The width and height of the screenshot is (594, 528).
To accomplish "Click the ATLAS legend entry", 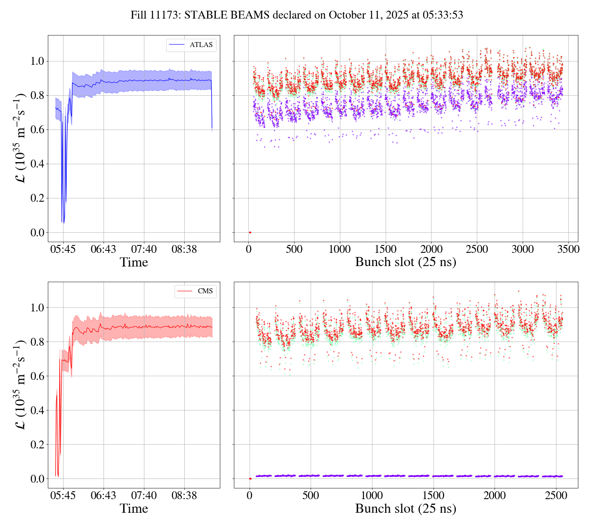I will click(x=201, y=45).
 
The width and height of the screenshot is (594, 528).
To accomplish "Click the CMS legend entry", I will click(x=205, y=291).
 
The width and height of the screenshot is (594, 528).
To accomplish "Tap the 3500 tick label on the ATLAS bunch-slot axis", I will click(x=568, y=250).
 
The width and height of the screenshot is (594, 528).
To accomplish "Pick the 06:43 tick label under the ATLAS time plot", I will click(x=104, y=250).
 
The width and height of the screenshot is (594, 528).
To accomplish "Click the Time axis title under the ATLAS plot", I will click(x=134, y=262).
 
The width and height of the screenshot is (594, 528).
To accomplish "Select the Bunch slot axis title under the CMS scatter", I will click(x=405, y=509).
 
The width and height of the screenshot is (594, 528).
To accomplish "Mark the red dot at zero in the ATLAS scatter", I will click(x=250, y=233).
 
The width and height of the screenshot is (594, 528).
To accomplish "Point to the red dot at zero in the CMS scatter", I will click(x=250, y=478).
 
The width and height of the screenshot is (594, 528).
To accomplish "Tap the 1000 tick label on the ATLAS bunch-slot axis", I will click(x=340, y=250).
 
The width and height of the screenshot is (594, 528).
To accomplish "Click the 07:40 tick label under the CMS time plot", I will click(x=144, y=495).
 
